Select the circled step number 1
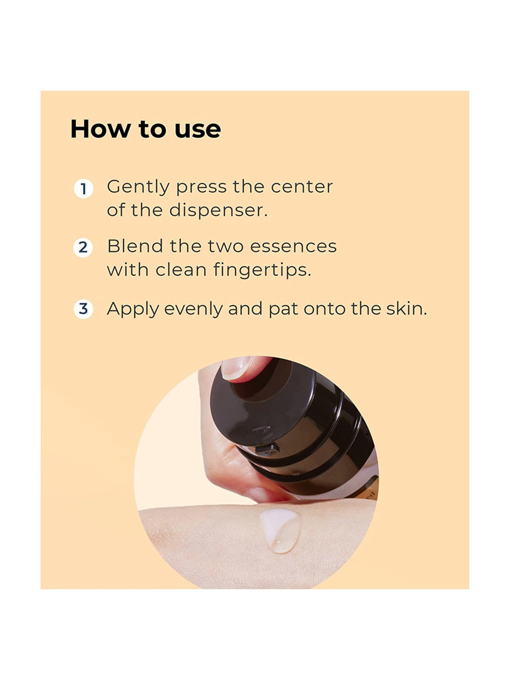pos(83,189)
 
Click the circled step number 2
pos(83,248)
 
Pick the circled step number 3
pos(83,309)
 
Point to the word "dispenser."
pos(218,210)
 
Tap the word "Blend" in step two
pos(135,246)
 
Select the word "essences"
pos(293,246)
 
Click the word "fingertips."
pos(262,271)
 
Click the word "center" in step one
pos(302,187)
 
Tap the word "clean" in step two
pos(181,270)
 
